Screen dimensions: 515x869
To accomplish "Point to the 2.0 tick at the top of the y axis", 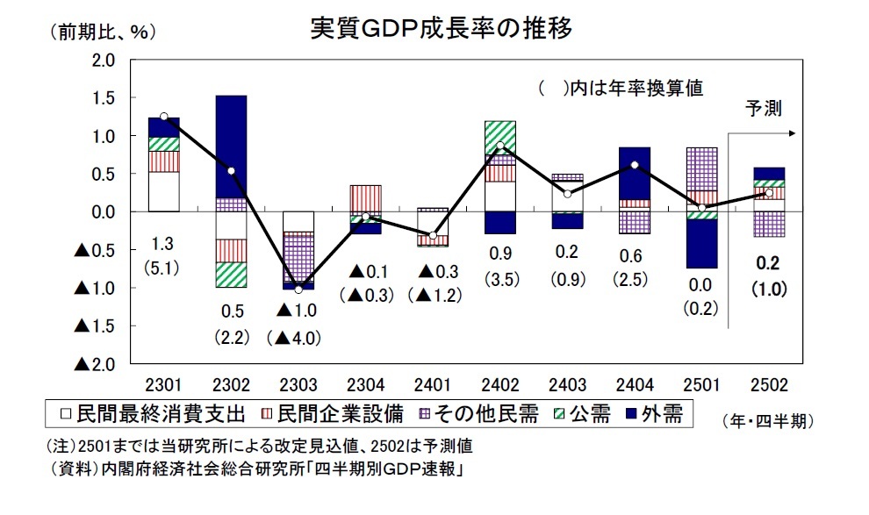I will coord(104,61).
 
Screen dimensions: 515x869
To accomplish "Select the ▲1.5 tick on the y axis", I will coord(96,326).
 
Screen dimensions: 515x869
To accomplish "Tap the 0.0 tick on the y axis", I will coord(104,212).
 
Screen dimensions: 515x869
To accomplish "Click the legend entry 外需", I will coord(659,413).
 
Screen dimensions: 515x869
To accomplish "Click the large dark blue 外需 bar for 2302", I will coord(231,146).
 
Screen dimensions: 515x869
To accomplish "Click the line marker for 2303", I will coord(299,290).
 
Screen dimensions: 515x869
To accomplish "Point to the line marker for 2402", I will coord(499,146).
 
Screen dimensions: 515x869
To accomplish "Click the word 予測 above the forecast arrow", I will coord(762,109).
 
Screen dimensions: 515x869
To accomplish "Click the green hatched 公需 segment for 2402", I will coord(499,137).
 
